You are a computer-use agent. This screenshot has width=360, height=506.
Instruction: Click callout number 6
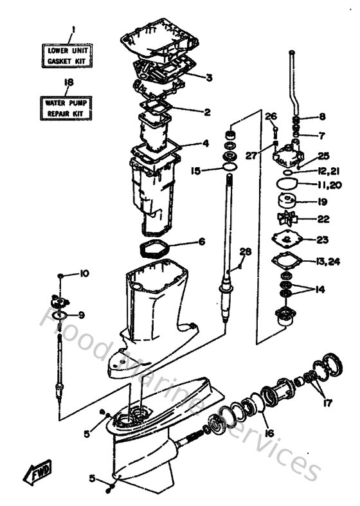(201, 242)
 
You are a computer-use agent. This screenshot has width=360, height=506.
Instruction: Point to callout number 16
(269, 433)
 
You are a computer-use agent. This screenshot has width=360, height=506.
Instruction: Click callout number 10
(84, 274)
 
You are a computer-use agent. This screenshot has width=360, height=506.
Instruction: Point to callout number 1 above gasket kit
(73, 29)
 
